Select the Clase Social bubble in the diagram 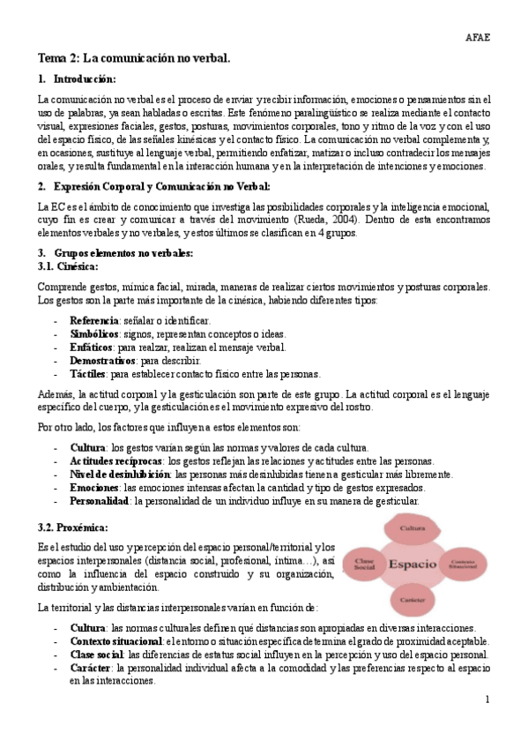(364, 565)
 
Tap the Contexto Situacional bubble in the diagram (465, 563)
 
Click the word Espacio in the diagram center (413, 563)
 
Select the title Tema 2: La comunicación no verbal (133, 58)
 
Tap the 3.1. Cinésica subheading (68, 266)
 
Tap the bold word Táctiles (89, 374)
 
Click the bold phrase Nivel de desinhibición (121, 475)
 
